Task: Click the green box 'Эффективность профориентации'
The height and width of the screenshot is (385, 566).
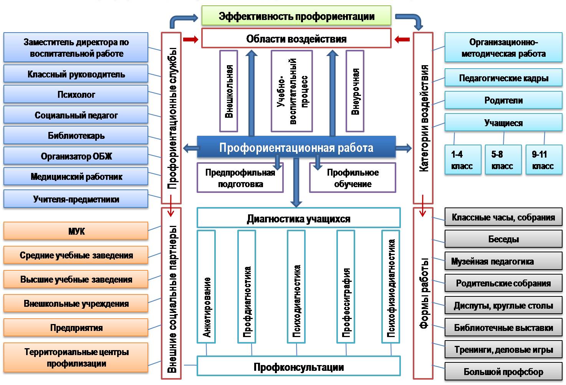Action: tap(296, 16)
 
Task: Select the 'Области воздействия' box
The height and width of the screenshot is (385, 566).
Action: tap(296, 38)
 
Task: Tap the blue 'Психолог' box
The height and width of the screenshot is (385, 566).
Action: tap(76, 94)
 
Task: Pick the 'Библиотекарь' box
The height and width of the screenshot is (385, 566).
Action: tap(76, 135)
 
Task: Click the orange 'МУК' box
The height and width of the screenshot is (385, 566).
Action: tap(76, 231)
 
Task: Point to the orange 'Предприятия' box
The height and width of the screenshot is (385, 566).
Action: tap(76, 327)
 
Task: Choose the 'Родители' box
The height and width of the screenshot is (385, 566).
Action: tap(503, 100)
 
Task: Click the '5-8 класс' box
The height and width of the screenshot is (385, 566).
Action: tap(503, 160)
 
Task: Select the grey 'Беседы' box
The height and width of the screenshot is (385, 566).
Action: tap(503, 239)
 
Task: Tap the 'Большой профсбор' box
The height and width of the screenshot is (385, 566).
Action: tap(503, 371)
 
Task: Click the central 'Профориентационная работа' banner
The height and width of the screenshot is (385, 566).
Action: tap(296, 148)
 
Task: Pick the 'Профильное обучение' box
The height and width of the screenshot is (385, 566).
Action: tap(353, 178)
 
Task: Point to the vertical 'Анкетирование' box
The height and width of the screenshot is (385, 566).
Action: tap(206, 286)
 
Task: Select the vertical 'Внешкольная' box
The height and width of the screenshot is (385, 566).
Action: tap(228, 91)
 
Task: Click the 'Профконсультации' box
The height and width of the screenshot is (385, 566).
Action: tap(298, 367)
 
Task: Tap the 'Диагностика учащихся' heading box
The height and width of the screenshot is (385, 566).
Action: tap(298, 218)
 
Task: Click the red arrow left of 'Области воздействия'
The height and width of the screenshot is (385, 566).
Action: tap(190, 39)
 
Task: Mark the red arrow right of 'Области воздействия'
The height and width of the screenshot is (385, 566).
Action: tap(402, 39)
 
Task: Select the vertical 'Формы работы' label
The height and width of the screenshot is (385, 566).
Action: tap(423, 293)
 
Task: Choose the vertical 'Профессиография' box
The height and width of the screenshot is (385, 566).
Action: tap(346, 286)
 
